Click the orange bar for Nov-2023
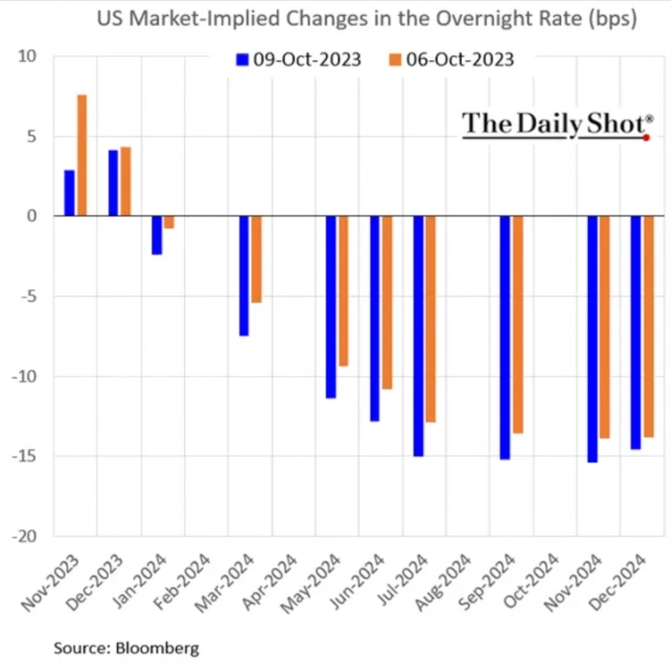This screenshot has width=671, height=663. pos(81,155)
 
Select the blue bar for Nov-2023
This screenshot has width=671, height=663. pos(69,193)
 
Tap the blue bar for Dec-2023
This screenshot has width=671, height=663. pos(113,183)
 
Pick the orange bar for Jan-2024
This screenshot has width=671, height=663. pos(168,222)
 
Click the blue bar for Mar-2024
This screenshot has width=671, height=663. pos(243,276)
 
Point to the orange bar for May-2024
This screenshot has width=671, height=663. pos(343,291)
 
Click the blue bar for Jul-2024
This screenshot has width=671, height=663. pos(418,336)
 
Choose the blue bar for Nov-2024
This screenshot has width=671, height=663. pos(592,339)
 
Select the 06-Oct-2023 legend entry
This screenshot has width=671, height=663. pos(451,59)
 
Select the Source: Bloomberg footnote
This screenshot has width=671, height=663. pos(126,648)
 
